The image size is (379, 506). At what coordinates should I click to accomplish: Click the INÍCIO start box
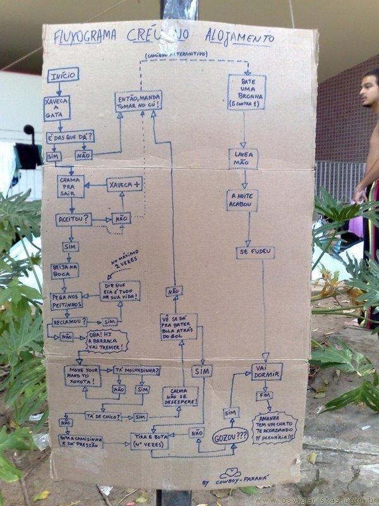tap(63, 75)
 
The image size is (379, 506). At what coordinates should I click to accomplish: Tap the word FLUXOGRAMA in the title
tap(85, 37)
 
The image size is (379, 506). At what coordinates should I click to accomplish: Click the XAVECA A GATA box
tap(57, 108)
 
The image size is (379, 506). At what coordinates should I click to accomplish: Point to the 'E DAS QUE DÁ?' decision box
tap(70, 137)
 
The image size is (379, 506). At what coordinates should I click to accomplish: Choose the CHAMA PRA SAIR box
tap(70, 186)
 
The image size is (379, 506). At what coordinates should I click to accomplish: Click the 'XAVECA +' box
tap(125, 183)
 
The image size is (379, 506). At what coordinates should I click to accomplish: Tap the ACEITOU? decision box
tap(73, 219)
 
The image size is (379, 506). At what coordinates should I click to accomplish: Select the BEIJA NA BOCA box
tap(64, 271)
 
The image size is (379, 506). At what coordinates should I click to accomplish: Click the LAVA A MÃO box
tap(243, 158)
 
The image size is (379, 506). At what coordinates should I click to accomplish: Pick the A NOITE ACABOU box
tap(242, 200)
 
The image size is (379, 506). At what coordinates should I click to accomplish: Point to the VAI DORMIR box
tap(267, 371)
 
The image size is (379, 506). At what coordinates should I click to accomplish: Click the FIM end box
tap(264, 396)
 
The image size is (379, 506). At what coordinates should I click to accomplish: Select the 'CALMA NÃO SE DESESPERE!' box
tap(180, 396)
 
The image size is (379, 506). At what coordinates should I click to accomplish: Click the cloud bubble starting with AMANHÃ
tap(274, 428)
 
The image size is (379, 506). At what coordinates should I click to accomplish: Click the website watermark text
tap(316, 500)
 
